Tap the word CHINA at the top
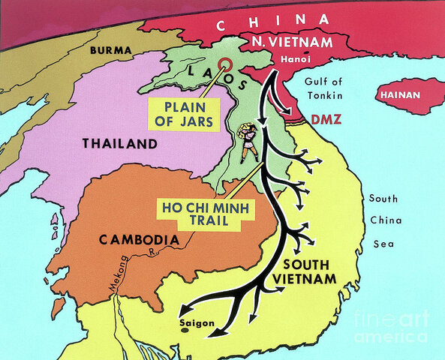pos(272,22)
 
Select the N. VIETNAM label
pos(293,42)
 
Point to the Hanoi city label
pos(288,58)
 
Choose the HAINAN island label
pos(401,95)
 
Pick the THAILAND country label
pos(120,143)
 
